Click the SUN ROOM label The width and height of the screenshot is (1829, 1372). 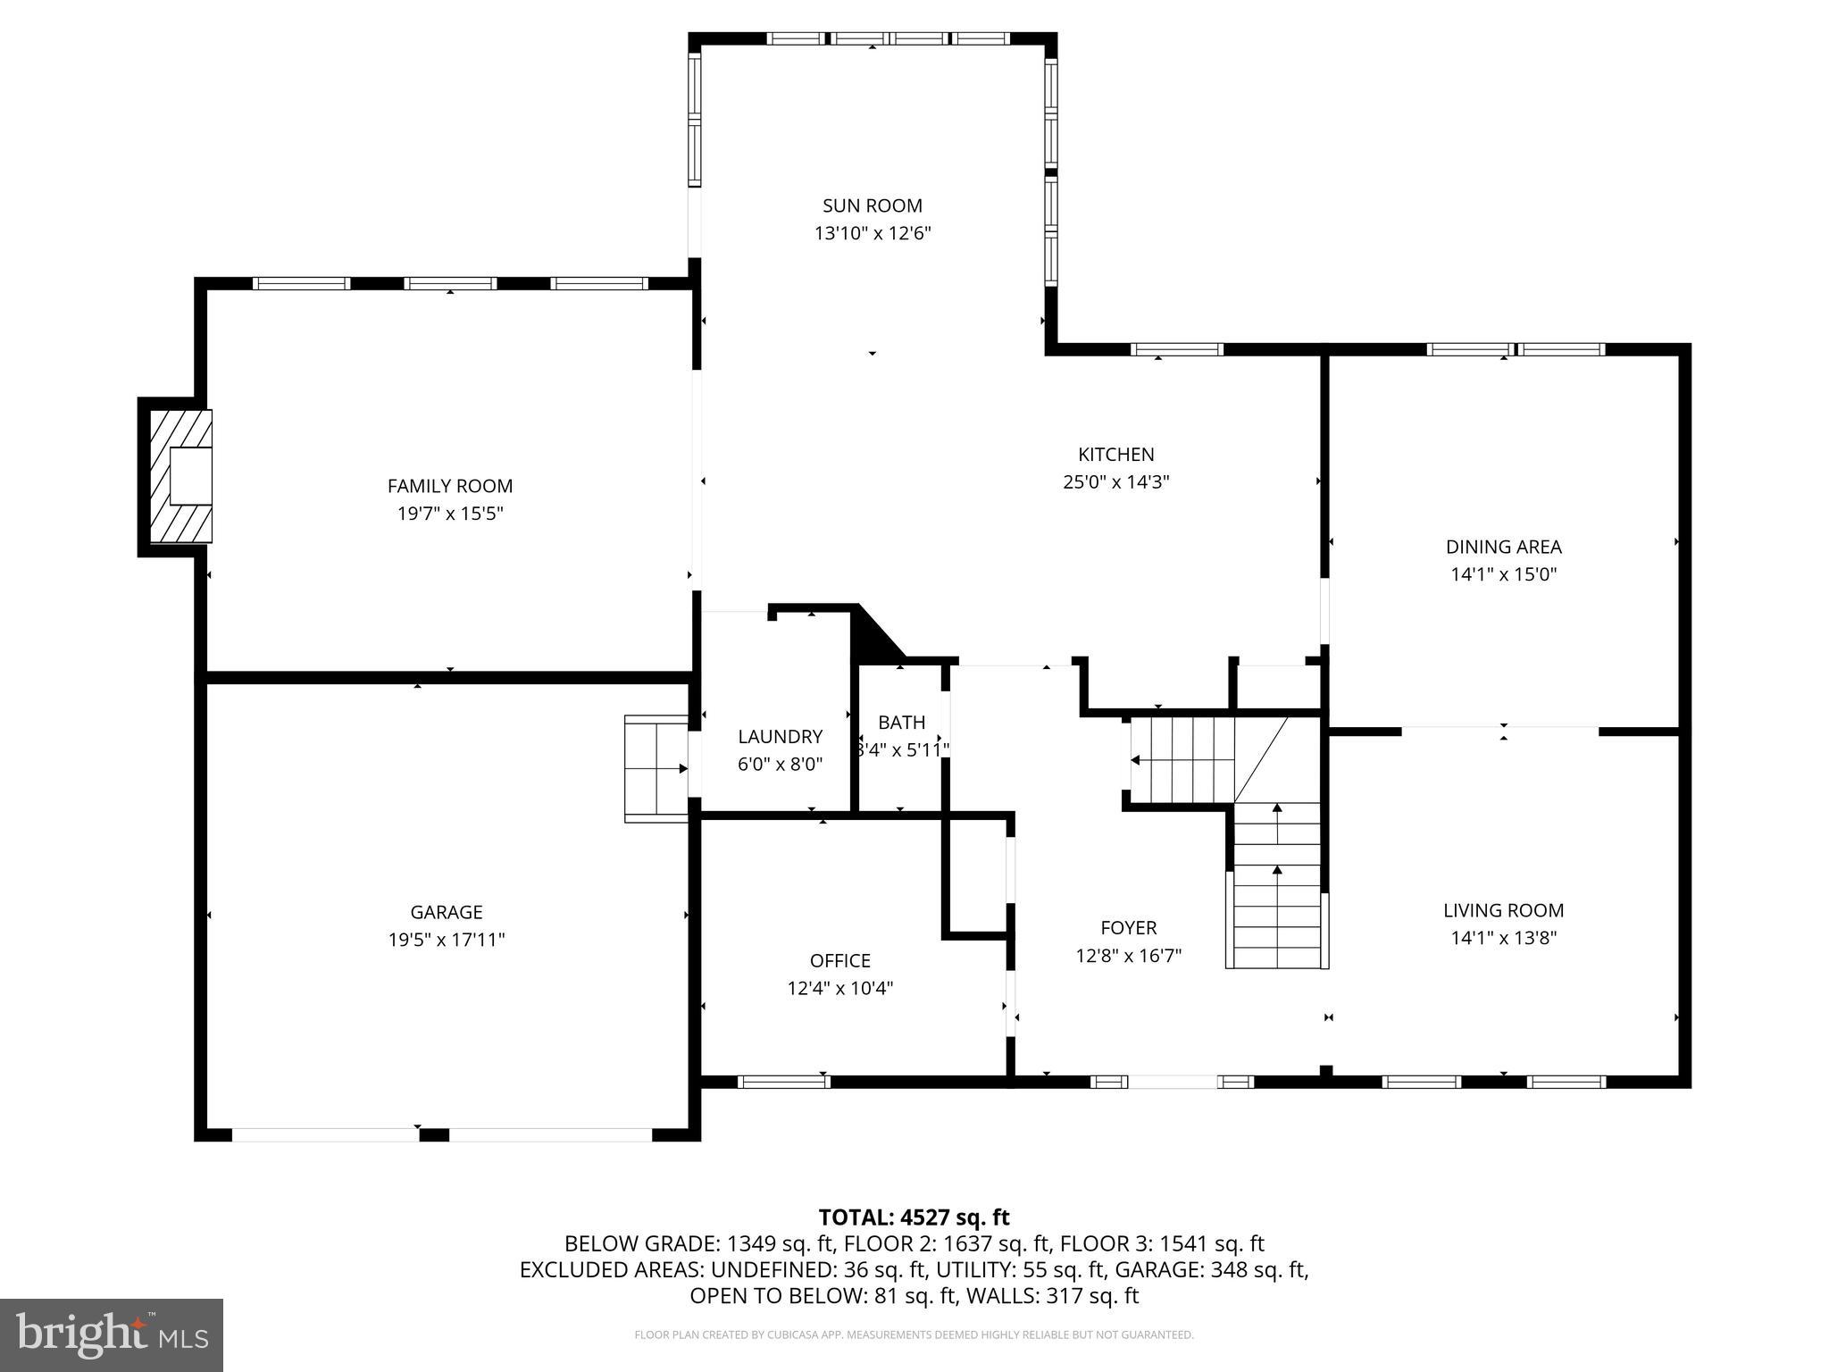(872, 205)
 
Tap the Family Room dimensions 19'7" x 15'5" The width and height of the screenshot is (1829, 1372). (450, 514)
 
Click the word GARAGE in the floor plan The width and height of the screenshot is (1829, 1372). (446, 912)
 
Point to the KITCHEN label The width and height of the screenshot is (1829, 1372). (1115, 454)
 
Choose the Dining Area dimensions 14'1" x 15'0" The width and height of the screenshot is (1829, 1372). (1503, 574)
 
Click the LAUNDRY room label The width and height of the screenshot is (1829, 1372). (780, 736)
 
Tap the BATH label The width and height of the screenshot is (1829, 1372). (901, 722)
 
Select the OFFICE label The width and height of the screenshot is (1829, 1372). (839, 960)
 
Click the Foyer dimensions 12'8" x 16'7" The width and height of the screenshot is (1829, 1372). (1128, 956)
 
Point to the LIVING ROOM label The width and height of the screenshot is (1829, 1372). (1503, 910)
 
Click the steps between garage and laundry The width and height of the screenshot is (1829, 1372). (656, 767)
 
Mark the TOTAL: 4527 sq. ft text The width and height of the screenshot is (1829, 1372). (914, 1217)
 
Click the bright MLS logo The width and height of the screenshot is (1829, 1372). (112, 1334)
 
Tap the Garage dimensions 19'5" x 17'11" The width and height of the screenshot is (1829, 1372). (446, 940)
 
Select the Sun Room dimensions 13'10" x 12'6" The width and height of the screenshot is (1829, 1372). (872, 233)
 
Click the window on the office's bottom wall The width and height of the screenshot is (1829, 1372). (783, 1082)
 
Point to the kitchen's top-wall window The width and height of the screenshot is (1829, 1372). (1176, 349)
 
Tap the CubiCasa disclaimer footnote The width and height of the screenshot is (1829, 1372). (914, 1334)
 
